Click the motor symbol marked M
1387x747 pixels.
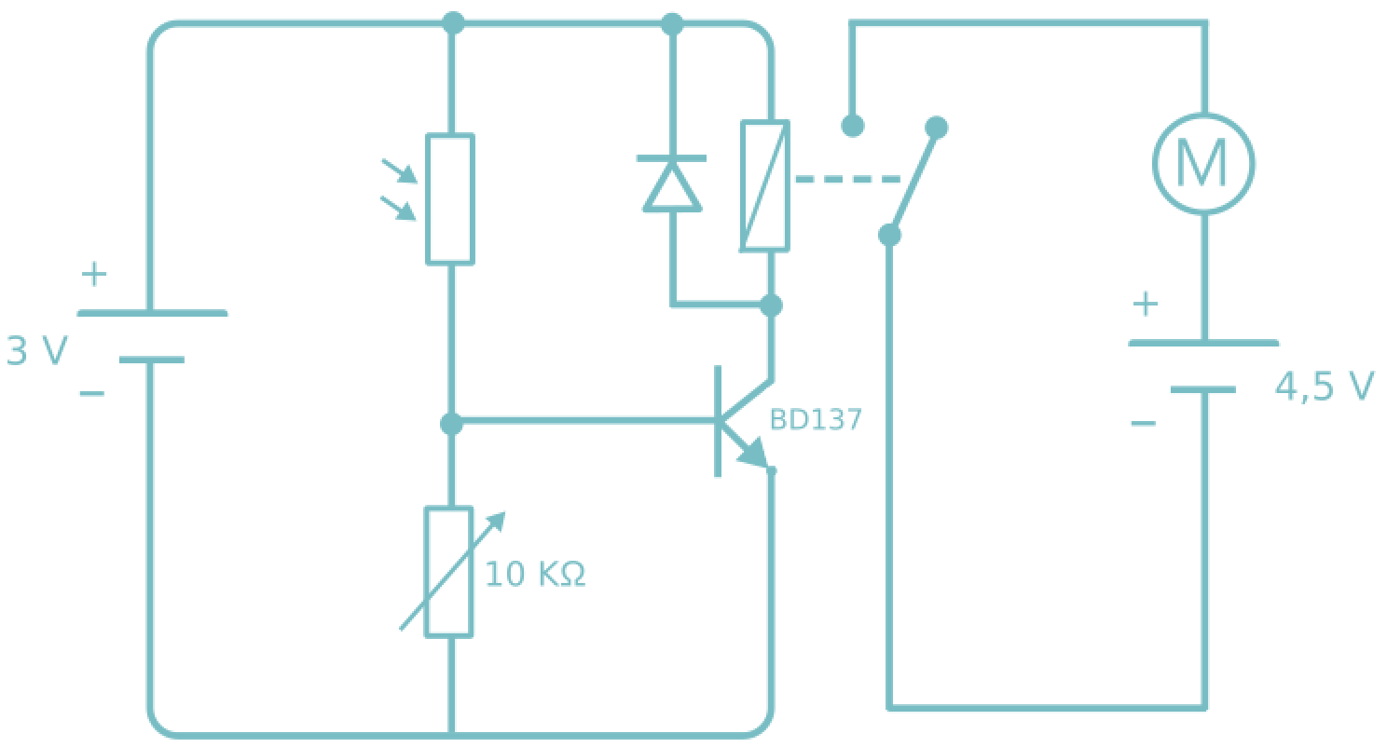click(1202, 164)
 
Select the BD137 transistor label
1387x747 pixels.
click(816, 420)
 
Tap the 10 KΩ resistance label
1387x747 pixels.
click(535, 575)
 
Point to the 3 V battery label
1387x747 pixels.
click(37, 352)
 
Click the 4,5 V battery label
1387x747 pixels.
click(1324, 387)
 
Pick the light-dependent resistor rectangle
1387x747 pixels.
click(450, 198)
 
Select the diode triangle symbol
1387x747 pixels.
click(672, 184)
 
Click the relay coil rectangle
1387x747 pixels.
click(765, 185)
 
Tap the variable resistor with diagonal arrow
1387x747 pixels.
click(450, 572)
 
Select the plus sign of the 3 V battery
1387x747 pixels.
click(93, 275)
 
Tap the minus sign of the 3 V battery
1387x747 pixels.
click(91, 394)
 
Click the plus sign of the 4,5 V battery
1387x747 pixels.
click(1145, 305)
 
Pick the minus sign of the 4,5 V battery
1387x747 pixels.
click(1143, 424)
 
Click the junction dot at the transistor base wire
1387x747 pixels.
click(451, 424)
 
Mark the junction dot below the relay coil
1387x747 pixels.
click(771, 305)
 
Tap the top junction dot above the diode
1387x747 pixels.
click(672, 24)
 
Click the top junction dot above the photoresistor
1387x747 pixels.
click(453, 22)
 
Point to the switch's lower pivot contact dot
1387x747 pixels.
click(890, 235)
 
